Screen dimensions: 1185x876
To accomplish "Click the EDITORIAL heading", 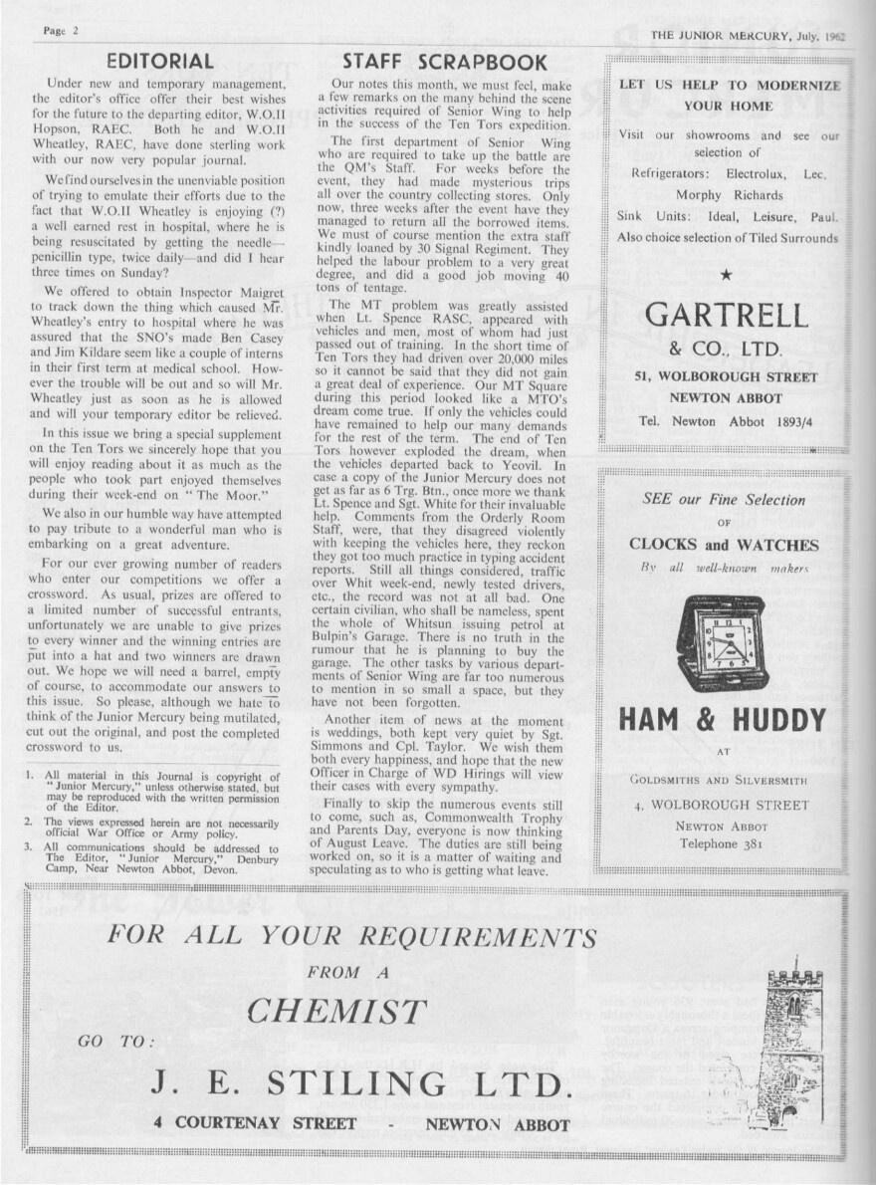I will (x=160, y=62).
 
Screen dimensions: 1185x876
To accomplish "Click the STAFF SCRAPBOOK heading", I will (x=444, y=63).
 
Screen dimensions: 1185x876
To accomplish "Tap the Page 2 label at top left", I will (x=62, y=31).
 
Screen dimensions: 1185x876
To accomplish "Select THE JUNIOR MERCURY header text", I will (x=747, y=34).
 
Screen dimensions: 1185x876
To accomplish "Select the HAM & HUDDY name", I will (x=723, y=719).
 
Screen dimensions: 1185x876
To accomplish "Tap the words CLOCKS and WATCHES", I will (x=724, y=545).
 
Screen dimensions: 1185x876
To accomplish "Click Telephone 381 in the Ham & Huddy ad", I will (x=723, y=843).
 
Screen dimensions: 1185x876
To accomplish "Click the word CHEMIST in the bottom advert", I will (x=335, y=1011).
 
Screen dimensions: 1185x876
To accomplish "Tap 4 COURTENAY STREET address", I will (x=255, y=1123).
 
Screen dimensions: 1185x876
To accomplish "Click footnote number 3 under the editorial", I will (x=29, y=846).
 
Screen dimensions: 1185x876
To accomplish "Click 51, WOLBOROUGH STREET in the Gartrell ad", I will (x=726, y=377).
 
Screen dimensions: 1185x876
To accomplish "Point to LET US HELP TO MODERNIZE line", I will (x=729, y=86).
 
